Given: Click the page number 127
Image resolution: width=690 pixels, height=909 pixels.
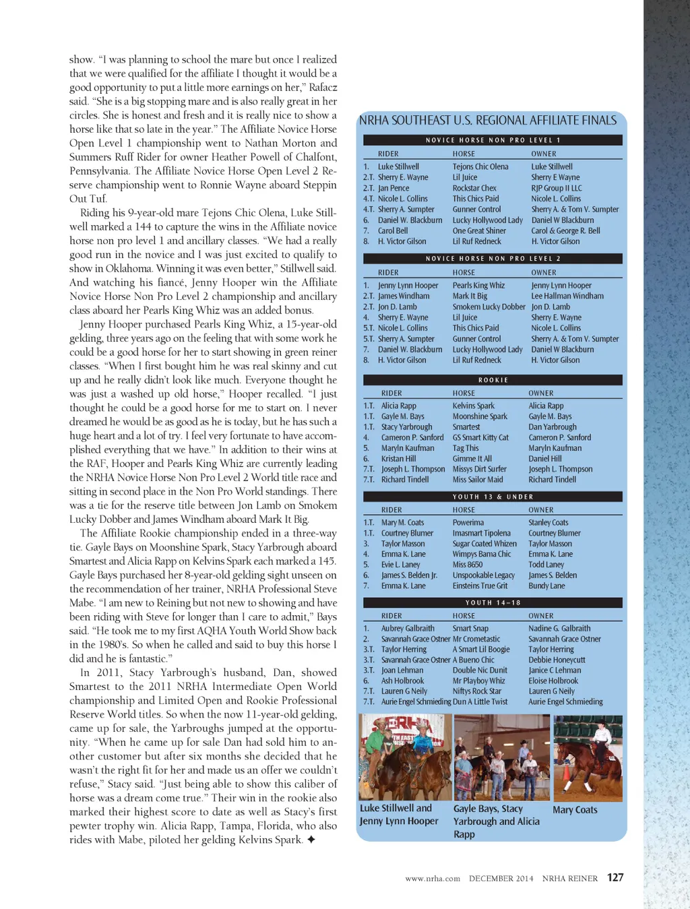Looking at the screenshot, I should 615,877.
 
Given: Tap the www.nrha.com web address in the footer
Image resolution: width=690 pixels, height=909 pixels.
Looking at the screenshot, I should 433,879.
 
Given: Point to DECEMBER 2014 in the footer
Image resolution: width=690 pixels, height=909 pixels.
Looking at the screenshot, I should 501,879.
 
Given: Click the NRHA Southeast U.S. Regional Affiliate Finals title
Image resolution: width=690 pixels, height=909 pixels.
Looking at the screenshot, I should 488,121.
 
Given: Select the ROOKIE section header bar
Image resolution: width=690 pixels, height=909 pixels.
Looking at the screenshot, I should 493,380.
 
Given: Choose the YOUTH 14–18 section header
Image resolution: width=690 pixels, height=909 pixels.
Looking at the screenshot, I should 493,602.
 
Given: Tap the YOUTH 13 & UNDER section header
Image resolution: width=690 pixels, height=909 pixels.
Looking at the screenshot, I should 493,497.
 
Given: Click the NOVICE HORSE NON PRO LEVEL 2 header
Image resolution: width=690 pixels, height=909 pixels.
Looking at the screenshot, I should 493,259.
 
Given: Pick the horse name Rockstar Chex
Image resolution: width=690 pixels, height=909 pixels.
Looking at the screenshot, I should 474,188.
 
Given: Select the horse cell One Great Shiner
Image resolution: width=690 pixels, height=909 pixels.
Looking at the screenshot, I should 479,230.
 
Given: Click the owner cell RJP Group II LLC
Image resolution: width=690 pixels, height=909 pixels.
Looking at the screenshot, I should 557,188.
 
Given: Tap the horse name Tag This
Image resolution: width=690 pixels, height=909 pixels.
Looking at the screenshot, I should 466,448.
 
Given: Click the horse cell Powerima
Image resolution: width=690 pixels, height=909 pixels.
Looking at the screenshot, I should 468,522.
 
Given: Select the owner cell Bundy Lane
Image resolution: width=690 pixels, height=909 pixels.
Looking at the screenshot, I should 546,586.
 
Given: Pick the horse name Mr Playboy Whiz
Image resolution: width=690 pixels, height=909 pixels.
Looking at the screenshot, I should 478,681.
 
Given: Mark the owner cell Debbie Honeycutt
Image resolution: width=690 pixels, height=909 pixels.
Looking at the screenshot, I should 557,660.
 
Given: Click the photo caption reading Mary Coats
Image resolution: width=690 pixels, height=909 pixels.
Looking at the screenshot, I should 575,810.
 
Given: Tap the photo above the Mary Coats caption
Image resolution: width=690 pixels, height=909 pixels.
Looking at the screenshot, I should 588,758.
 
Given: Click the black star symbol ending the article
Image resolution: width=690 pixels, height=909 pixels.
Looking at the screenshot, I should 311,840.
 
